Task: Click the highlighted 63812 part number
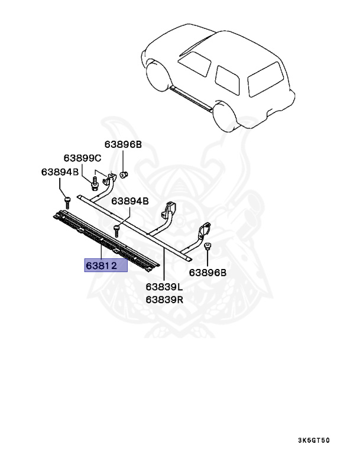[x=106, y=265]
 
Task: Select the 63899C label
[x=83, y=158]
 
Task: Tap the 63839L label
[x=165, y=287]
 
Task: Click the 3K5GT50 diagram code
[x=322, y=441]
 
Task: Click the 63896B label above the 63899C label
[x=123, y=144]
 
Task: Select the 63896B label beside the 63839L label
[x=207, y=273]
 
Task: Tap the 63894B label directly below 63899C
[x=60, y=172]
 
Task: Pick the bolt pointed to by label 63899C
[x=95, y=181]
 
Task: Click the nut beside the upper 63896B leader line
[x=124, y=174]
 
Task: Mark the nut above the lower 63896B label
[x=207, y=247]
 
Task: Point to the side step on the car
[x=190, y=98]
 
